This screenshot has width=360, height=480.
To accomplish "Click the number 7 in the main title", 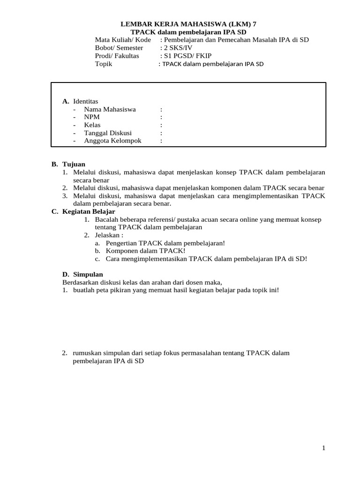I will (255, 23).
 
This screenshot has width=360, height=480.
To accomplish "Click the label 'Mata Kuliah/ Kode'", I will (123, 39).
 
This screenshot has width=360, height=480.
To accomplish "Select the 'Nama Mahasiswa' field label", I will (110, 109).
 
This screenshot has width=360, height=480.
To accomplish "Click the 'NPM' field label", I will (92, 117).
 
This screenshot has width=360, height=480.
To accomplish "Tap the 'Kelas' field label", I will (92, 125).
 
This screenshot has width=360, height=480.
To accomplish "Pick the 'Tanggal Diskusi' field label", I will (108, 133).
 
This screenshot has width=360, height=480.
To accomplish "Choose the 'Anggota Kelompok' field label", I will (112, 140).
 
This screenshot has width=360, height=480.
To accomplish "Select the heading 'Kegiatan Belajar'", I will (89, 211).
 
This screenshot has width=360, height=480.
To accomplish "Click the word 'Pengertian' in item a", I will (121, 243).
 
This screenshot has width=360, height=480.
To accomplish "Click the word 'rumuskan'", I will (88, 353).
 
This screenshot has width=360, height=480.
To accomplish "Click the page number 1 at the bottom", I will (323, 448).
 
